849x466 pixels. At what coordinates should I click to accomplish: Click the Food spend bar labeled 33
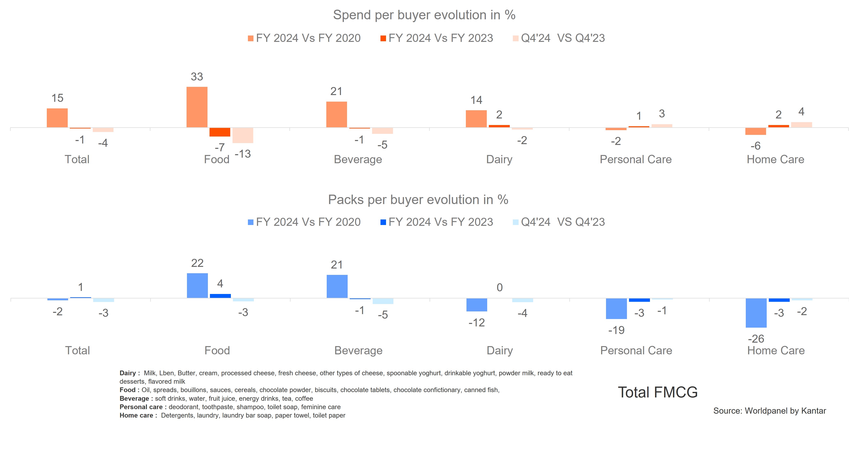coord(197,107)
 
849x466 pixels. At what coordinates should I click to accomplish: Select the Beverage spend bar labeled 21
coord(337,114)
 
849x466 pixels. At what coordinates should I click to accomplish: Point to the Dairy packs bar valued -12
coord(477,305)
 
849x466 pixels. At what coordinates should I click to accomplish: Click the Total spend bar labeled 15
coord(57,118)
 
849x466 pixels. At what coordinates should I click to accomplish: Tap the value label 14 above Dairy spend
coord(476,100)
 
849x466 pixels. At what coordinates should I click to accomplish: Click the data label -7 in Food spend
coord(220,147)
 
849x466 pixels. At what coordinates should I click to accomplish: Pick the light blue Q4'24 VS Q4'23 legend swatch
coord(516,222)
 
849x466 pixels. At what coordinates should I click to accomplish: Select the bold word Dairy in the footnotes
coord(128,373)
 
